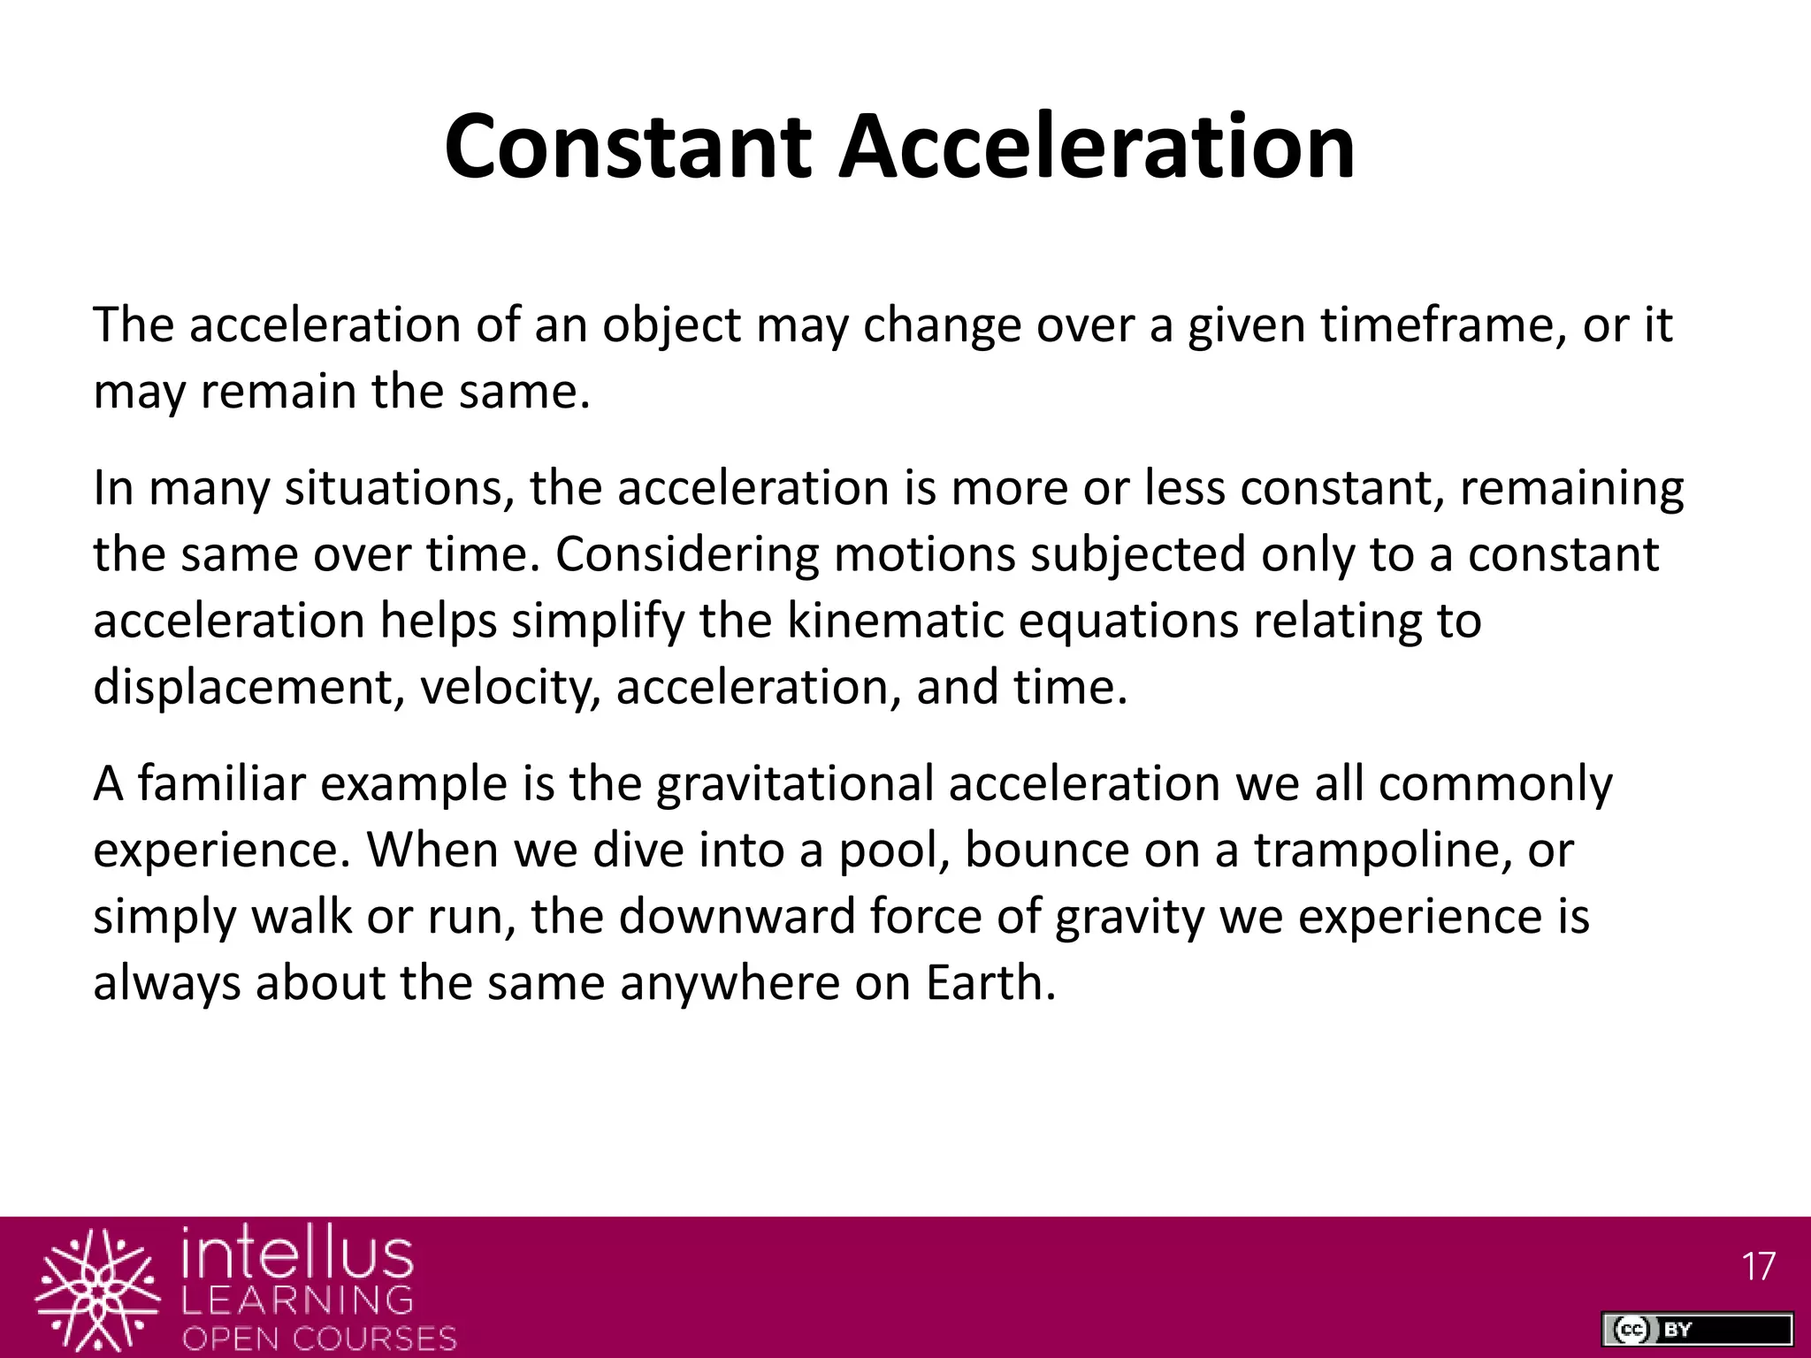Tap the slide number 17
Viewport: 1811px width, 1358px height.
(1758, 1268)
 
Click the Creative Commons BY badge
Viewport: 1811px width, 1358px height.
(1696, 1329)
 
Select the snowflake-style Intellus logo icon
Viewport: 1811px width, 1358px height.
(97, 1291)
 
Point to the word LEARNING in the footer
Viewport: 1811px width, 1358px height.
(297, 1300)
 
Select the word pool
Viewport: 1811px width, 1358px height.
(892, 851)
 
